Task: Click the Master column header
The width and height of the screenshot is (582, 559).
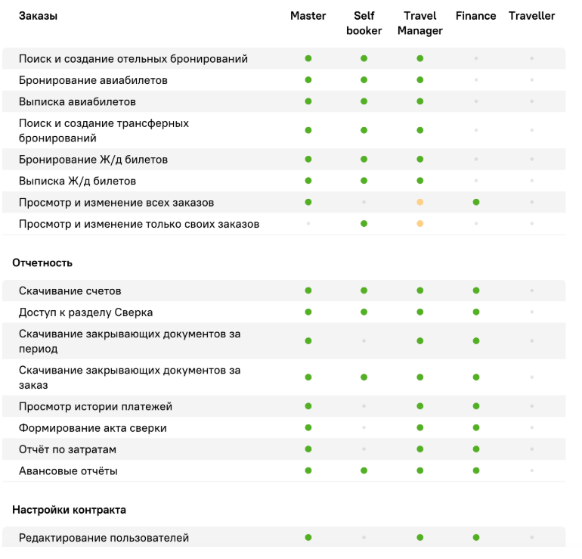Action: coord(308,16)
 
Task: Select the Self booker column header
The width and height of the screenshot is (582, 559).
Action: coord(364,23)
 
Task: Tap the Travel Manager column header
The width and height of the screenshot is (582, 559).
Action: coord(419,23)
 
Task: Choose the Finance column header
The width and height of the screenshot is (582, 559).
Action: coord(475,16)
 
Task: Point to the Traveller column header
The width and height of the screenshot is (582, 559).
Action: coord(531,16)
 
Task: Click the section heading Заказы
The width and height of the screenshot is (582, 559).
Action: coord(38,16)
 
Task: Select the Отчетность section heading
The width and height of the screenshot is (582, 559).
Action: coord(42,263)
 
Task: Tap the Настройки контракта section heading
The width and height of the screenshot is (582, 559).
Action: coord(69,510)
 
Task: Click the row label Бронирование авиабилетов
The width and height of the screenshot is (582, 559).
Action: coord(93,80)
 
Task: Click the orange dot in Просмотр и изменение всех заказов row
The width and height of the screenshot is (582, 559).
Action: coord(419,203)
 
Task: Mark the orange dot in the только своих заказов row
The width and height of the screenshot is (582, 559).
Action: coord(419,224)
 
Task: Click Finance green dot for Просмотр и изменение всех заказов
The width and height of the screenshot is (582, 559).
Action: coord(475,203)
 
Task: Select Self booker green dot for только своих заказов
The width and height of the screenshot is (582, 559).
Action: coord(364,224)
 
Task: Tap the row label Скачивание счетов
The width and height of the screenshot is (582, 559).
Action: coord(70,291)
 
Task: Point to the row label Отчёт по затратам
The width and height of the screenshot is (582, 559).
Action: coord(68,450)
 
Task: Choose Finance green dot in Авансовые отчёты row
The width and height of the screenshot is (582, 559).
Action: coord(475,471)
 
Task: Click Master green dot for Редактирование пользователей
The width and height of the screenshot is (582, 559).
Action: coord(308,538)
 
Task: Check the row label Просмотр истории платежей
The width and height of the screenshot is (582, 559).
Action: coord(95,407)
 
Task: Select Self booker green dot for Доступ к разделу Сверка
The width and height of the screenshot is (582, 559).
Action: coord(364,312)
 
